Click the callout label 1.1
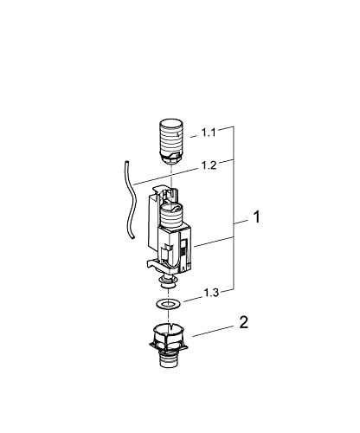click(209, 132)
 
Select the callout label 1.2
click(209, 164)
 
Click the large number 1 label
click(255, 220)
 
